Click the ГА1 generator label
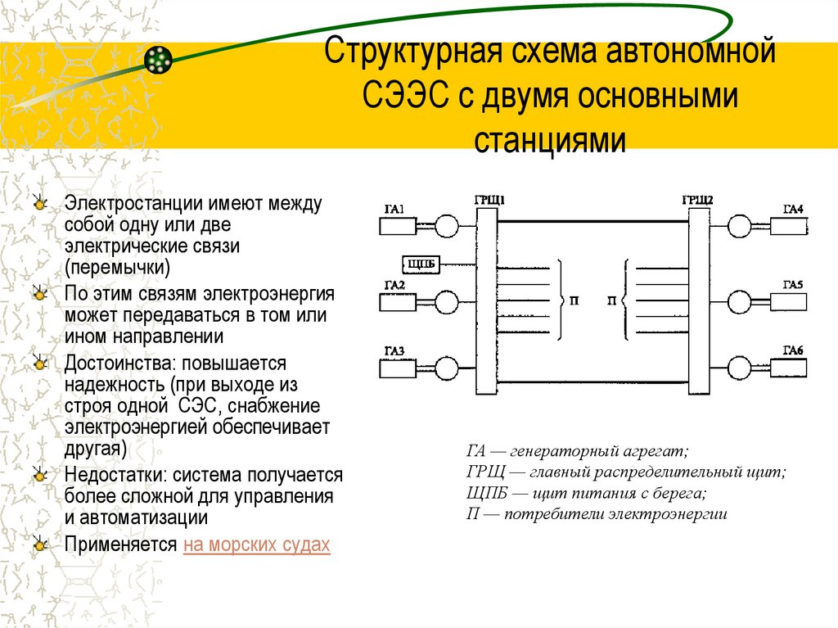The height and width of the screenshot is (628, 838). click(394, 210)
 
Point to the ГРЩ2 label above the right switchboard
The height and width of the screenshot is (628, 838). click(697, 199)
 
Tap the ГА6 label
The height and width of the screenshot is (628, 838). click(793, 350)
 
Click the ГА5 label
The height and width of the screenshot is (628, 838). click(793, 284)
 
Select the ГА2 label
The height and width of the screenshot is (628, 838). click(394, 285)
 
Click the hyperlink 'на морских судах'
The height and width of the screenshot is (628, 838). click(257, 545)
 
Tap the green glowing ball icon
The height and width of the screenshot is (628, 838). click(158, 59)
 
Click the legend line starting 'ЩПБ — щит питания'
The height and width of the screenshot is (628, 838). click(586, 493)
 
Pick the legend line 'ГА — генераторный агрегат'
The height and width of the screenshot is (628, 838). click(578, 450)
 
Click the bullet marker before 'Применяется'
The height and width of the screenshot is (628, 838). click(39, 544)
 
